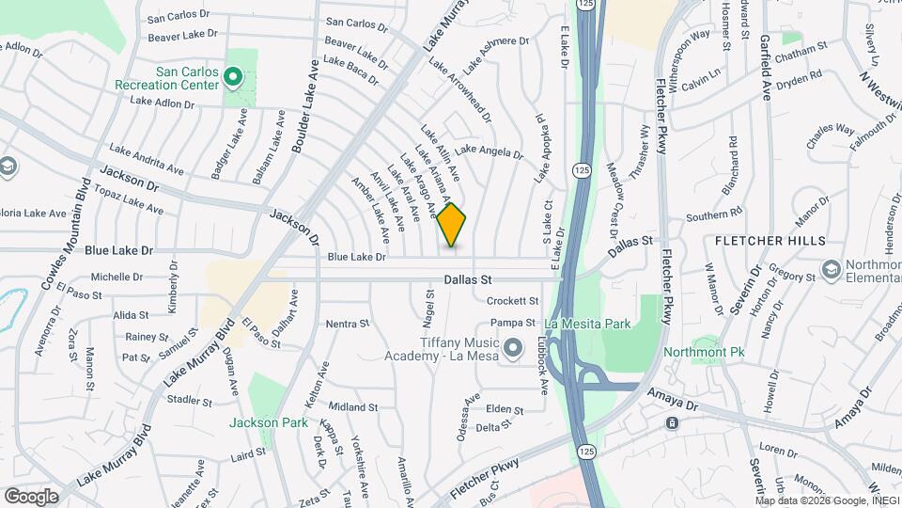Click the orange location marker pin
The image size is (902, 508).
pyautogui.click(x=452, y=225)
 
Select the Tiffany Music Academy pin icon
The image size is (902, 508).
pyautogui.click(x=512, y=350)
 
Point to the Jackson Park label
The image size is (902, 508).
pyautogui.click(x=269, y=422)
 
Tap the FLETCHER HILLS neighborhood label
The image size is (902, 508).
pyautogui.click(x=770, y=241)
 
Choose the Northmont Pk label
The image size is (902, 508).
pyautogui.click(x=697, y=352)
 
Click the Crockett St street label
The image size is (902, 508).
pyautogui.click(x=513, y=301)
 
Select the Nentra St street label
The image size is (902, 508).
pyautogui.click(x=348, y=324)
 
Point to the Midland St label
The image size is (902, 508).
pyautogui.click(x=353, y=407)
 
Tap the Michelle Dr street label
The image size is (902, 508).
pyautogui.click(x=117, y=278)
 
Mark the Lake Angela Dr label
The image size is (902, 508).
pyautogui.click(x=489, y=151)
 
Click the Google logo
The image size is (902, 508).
pyautogui.click(x=31, y=496)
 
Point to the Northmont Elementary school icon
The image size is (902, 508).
pyautogui.click(x=831, y=271)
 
